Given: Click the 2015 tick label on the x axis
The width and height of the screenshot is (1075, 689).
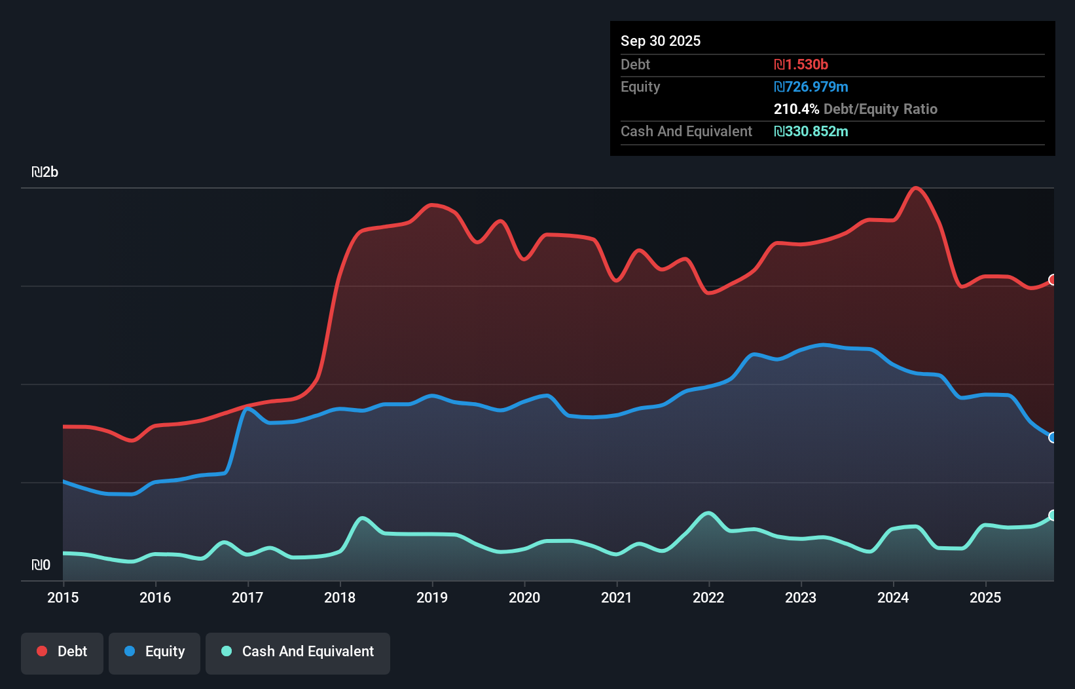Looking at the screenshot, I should point(63,597).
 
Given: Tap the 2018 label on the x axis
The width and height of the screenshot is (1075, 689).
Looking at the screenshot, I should point(340,597).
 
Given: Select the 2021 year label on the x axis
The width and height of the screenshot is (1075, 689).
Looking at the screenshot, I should point(617,597).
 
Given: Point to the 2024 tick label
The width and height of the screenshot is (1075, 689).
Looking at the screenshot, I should point(893,597).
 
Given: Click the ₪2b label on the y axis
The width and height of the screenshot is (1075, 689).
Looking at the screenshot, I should point(45,172).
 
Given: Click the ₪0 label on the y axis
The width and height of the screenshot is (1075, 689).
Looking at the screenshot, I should point(41,565).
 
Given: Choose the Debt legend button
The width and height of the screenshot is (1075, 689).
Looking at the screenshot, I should point(62,652).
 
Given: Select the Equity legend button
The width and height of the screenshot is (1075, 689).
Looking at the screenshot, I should point(155,652).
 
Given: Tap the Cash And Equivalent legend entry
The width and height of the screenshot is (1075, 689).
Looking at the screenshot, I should point(298,652).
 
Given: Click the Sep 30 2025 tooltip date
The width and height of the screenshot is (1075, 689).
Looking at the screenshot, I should point(661,41).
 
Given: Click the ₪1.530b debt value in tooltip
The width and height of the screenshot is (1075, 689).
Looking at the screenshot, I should point(801,64).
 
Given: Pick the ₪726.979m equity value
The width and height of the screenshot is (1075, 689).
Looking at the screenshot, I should point(811,86).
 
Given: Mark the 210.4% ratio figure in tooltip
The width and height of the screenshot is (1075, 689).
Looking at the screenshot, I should point(796,109).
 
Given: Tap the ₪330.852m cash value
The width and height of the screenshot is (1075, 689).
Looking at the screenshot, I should point(811,131).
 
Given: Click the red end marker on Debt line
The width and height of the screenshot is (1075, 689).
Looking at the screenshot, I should point(1053,280).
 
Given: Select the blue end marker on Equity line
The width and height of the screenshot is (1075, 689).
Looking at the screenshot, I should point(1053,438).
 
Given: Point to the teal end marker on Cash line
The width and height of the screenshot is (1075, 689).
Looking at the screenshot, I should point(1053,515).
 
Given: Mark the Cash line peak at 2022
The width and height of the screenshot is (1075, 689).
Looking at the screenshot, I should point(708,513).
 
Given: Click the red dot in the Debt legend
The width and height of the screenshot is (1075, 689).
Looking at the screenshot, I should point(42,651).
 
